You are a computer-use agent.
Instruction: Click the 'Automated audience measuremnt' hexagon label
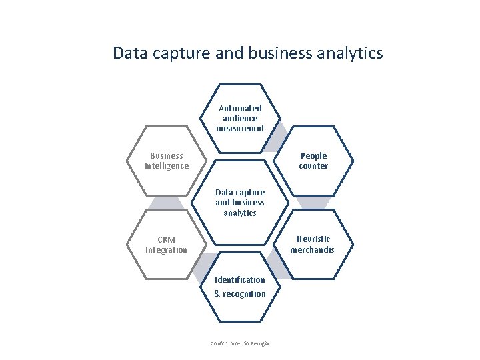[x=240, y=118]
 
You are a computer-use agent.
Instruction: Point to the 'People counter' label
[x=313, y=161]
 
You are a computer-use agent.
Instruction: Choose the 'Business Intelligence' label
[x=167, y=161]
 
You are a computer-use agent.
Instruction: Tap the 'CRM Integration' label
[x=167, y=245]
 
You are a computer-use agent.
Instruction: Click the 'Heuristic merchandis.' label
[x=313, y=245]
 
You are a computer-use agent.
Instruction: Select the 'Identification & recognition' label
[x=240, y=287]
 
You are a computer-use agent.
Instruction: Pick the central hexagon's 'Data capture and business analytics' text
[x=240, y=203]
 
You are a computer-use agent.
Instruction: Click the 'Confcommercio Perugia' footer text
[x=240, y=343]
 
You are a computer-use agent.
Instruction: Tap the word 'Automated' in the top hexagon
[x=240, y=108]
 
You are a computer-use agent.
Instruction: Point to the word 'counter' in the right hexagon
[x=313, y=166]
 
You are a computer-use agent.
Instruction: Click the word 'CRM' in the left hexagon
[x=167, y=239]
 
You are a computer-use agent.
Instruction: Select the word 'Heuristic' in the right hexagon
[x=313, y=239]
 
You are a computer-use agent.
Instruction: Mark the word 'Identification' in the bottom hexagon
[x=240, y=280]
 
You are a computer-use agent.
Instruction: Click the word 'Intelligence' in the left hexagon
[x=167, y=166]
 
